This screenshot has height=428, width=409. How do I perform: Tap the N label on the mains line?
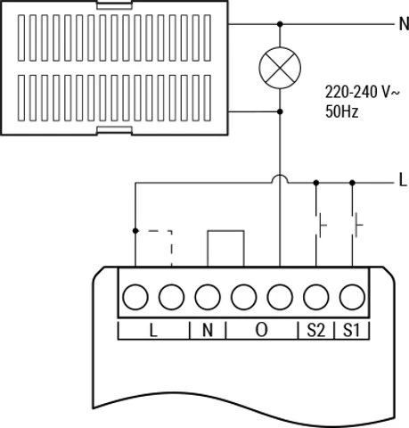pos(404,24)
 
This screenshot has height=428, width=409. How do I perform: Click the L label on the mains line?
pos(403,180)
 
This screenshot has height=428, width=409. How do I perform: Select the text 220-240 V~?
pos(363,92)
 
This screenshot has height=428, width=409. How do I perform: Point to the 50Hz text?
pos(342,111)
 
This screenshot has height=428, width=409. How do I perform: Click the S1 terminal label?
pos(351,330)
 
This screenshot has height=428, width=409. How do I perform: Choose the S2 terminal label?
pos(315,330)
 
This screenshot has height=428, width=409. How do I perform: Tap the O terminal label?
pos(261,330)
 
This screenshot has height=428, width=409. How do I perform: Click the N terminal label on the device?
pos(208,330)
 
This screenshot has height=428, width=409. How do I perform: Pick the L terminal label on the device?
pos(153,330)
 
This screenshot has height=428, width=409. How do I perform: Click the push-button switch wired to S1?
pos(356,225)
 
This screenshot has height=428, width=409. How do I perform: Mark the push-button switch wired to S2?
pos(320,225)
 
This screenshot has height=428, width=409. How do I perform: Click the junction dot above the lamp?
pos(280,24)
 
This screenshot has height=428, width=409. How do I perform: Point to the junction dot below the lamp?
pos(280,111)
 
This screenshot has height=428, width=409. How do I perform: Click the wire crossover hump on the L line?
pos(280,176)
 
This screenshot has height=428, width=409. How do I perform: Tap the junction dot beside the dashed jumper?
pos(135,231)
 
